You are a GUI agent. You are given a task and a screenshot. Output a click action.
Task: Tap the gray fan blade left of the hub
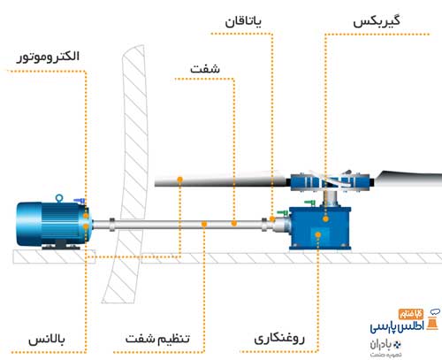[x=221, y=182]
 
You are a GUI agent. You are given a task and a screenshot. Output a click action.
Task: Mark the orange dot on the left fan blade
[x=179, y=180]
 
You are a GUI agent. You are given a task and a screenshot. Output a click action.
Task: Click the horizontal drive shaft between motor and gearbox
[x=177, y=223]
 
